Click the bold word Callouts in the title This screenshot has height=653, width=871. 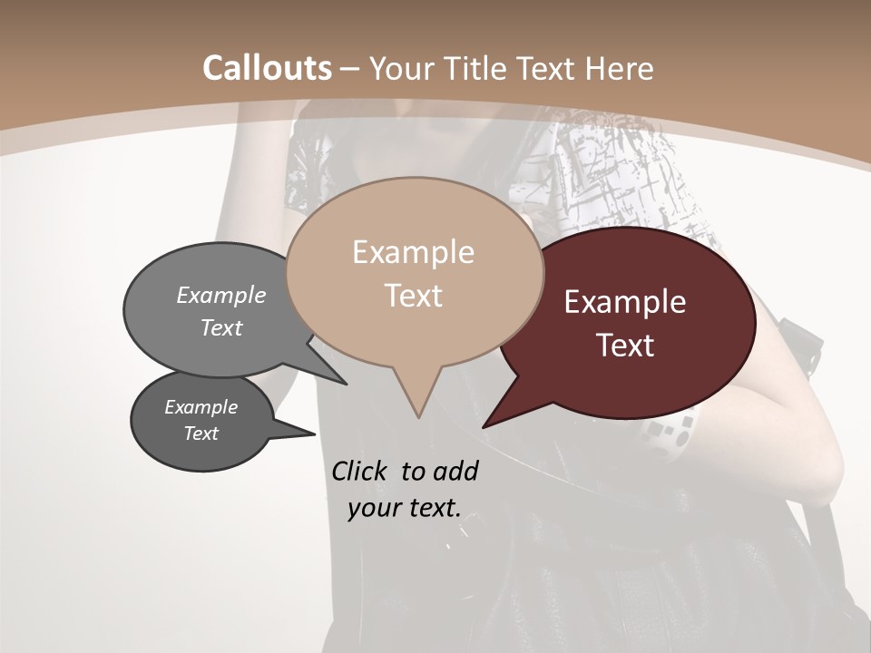(267, 68)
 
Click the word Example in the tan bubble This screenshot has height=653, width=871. (413, 252)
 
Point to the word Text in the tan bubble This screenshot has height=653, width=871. (414, 295)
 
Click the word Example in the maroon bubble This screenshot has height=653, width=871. (625, 302)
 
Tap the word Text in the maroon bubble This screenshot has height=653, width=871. (626, 346)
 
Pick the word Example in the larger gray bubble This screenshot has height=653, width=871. (221, 295)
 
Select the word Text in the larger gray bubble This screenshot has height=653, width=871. (221, 327)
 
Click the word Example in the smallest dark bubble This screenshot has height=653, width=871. (201, 407)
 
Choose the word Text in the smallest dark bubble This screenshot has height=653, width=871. (201, 434)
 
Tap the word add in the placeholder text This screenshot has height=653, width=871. (455, 471)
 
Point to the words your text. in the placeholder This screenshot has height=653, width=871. (405, 508)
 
